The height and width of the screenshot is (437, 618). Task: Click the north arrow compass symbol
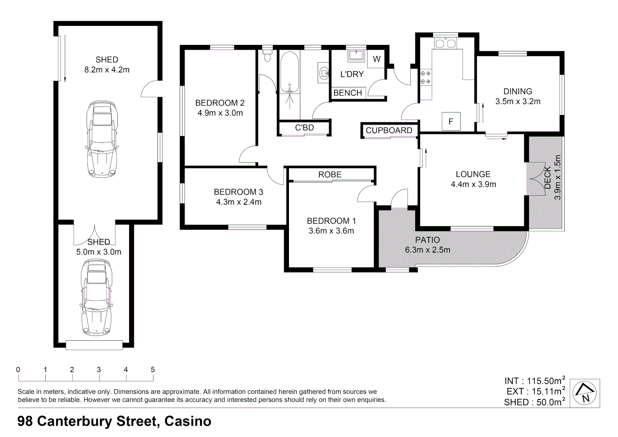click(585, 393)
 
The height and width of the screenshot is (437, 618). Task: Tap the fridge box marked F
click(451, 121)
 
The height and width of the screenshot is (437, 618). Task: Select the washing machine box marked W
click(376, 59)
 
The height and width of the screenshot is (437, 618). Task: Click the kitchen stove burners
click(425, 77)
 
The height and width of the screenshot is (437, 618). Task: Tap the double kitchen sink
click(445, 43)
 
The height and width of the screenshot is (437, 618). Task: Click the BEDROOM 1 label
click(331, 221)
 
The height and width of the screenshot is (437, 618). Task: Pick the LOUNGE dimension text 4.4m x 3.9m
click(473, 185)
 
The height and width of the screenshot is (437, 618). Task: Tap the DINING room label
click(518, 91)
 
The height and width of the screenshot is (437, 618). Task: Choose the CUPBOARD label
click(389, 130)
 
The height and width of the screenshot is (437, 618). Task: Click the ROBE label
click(330, 174)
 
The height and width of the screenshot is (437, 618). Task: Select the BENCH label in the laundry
click(347, 93)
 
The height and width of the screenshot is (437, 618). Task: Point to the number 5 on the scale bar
click(153, 369)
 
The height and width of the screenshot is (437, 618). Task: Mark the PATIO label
click(427, 240)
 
